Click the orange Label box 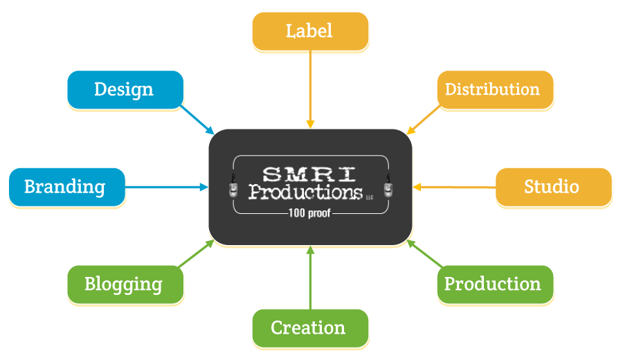pyautogui.click(x=309, y=31)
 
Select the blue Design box pyautogui.click(x=125, y=89)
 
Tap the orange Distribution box pyautogui.click(x=494, y=89)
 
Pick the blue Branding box pyautogui.click(x=66, y=187)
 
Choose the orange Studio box pyautogui.click(x=553, y=187)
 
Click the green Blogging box pyautogui.click(x=125, y=284)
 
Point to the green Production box pyautogui.click(x=494, y=284)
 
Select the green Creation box pyautogui.click(x=309, y=327)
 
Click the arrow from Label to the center pyautogui.click(x=310, y=90)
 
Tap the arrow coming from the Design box pyautogui.click(x=199, y=120)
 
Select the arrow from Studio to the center pyautogui.click(x=454, y=187)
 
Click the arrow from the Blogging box pyautogui.click(x=197, y=253)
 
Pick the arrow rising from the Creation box pyautogui.click(x=310, y=277)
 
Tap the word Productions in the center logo pyautogui.click(x=305, y=191)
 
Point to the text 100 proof pyautogui.click(x=309, y=213)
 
